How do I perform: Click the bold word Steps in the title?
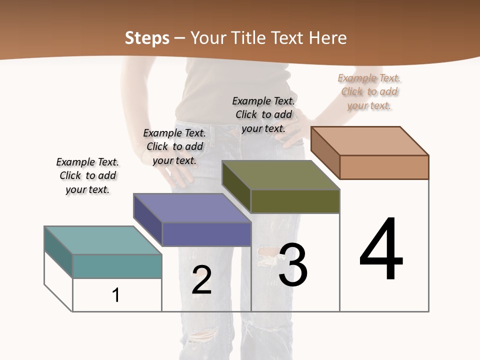tap(147, 38)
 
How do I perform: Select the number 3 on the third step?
tap(293, 265)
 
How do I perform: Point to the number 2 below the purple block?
tap(201, 280)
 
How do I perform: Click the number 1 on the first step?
tap(116, 295)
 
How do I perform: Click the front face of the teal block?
tap(117, 266)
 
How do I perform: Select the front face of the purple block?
tap(206, 234)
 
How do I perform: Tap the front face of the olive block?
tap(295, 201)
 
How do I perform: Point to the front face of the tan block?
tap(384, 167)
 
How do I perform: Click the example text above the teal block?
tap(87, 175)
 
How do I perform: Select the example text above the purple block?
tap(174, 146)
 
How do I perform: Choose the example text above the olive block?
tap(263, 114)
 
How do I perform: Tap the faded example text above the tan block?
tap(369, 91)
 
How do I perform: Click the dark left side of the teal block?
tap(58, 252)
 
